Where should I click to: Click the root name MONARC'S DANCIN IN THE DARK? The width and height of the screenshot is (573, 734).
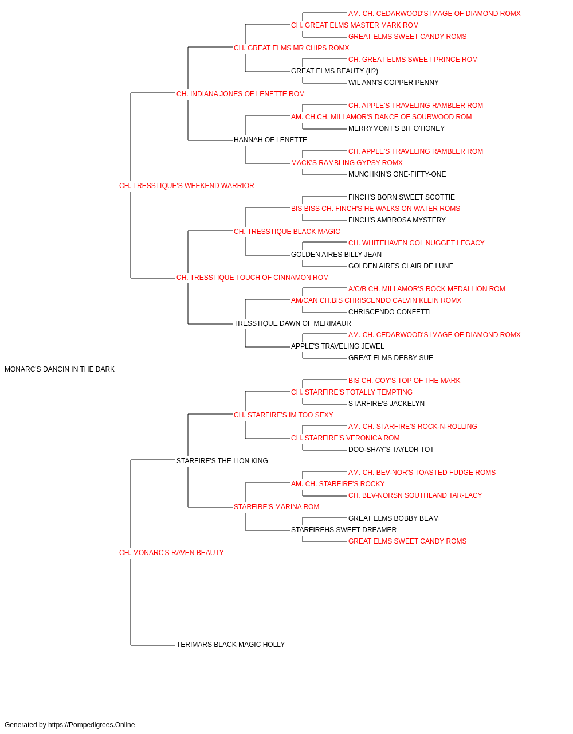[60, 369]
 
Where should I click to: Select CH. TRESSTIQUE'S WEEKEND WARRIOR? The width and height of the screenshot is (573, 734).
[187, 186]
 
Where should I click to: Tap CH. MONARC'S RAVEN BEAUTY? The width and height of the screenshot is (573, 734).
[171, 553]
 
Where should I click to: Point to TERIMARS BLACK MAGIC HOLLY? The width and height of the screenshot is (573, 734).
[230, 645]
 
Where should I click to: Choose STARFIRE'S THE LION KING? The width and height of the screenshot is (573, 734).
[222, 461]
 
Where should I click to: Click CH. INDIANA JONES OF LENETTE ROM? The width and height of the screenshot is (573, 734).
[241, 94]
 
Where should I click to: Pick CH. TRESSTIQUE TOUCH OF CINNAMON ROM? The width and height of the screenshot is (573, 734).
[253, 278]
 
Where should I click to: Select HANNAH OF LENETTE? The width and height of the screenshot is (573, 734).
[270, 140]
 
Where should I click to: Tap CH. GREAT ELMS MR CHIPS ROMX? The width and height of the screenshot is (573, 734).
[292, 48]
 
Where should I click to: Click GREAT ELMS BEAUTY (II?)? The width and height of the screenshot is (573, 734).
[335, 71]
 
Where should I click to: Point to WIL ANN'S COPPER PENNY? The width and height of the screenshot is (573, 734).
[394, 83]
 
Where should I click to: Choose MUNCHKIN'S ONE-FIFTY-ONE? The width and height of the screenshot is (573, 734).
[397, 174]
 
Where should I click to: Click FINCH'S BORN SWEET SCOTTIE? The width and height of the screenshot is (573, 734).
[402, 197]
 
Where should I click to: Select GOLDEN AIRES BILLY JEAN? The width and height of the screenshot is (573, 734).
[336, 255]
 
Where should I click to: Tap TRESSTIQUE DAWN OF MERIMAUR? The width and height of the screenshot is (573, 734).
[292, 323]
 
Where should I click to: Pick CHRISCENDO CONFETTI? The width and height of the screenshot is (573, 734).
[390, 312]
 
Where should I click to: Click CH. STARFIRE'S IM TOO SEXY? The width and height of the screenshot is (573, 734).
[284, 415]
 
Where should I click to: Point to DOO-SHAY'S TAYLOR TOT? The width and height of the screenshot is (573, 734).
[391, 450]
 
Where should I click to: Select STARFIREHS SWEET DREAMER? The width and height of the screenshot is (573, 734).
[344, 530]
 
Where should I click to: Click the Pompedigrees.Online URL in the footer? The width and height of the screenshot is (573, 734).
[92, 725]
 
